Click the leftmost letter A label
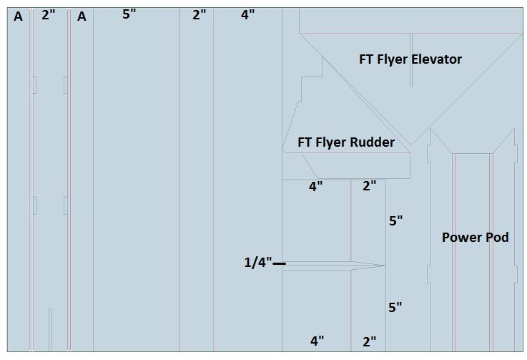[x=18, y=16]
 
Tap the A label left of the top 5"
[x=82, y=16]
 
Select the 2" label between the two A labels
[x=48, y=14]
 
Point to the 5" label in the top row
[x=129, y=14]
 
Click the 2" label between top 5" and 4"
[x=199, y=14]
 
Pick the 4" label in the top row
[x=247, y=14]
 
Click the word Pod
[x=496, y=237]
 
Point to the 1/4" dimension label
[x=257, y=263]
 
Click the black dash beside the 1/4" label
[x=279, y=264]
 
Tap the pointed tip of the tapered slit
[x=385, y=266]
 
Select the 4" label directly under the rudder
[x=315, y=187]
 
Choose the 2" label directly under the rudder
[x=369, y=187]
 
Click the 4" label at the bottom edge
[x=317, y=341]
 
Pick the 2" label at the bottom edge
[x=369, y=341]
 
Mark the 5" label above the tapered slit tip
[x=396, y=220]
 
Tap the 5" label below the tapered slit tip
[x=395, y=307]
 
